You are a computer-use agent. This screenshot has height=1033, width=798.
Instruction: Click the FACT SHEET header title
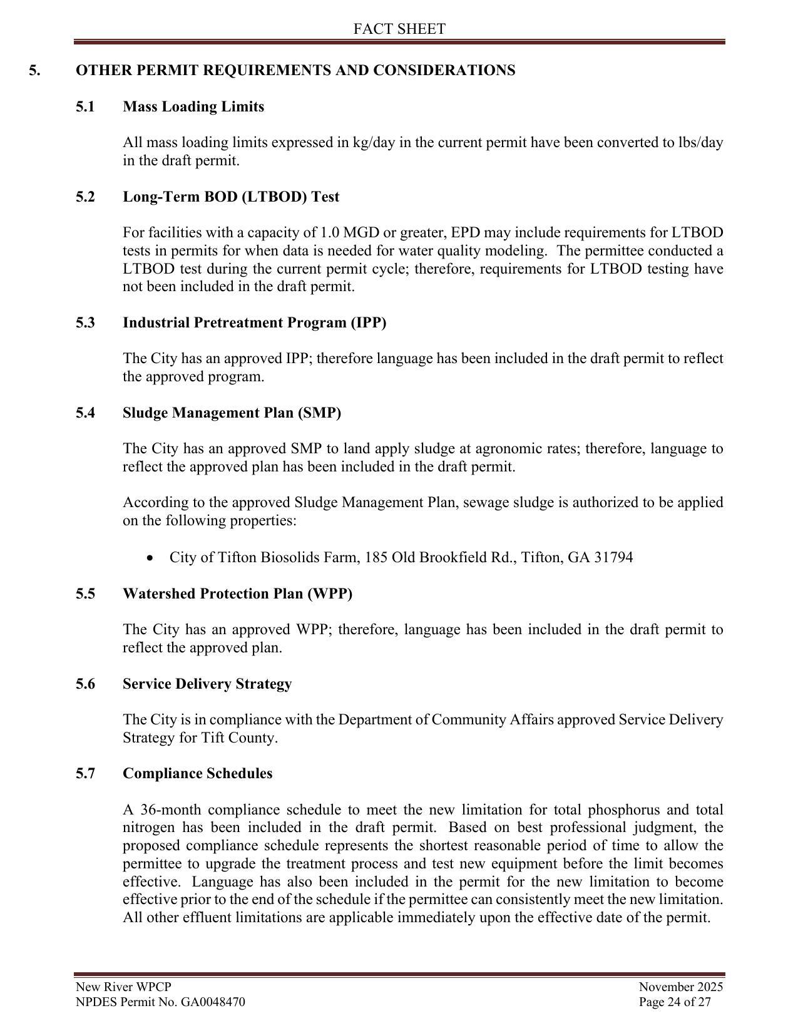(399, 29)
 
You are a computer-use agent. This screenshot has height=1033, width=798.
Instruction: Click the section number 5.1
(85, 106)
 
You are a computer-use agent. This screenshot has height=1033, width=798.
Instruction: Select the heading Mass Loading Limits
(193, 106)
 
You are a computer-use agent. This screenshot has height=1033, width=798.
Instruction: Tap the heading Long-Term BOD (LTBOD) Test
(231, 197)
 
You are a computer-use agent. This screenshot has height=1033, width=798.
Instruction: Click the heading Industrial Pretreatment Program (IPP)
(254, 322)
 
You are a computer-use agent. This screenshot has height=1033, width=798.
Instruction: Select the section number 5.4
(85, 413)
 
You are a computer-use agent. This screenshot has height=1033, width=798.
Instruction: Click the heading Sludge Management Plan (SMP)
(232, 413)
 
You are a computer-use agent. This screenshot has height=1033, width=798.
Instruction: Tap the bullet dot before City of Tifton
(149, 558)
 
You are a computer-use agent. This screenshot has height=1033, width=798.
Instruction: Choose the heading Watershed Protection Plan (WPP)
(237, 594)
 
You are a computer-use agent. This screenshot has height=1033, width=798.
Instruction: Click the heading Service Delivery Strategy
(207, 684)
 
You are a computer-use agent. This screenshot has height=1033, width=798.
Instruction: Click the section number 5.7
(85, 773)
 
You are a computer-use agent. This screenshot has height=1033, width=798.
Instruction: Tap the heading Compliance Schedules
(197, 773)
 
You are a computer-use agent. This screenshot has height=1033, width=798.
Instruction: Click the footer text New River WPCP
(123, 987)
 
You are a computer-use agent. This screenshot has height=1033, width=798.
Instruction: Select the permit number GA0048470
(213, 1002)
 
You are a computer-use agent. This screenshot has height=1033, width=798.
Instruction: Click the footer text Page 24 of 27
(675, 1002)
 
